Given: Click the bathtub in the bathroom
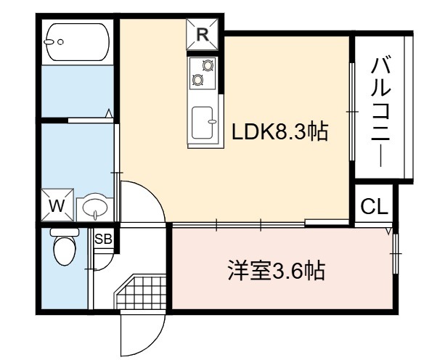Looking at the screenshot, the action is pyautogui.click(x=77, y=42).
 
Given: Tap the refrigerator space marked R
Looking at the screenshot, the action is pyautogui.click(x=202, y=35).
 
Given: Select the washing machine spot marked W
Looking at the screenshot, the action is pyautogui.click(x=57, y=205).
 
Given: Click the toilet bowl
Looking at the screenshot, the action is pyautogui.click(x=65, y=250).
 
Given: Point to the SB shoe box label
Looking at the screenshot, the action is pyautogui.click(x=104, y=239).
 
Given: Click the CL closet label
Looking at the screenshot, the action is pyautogui.click(x=375, y=206).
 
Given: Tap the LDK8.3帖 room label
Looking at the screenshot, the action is pyautogui.click(x=279, y=131).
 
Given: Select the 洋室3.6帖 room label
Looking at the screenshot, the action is pyautogui.click(x=276, y=271).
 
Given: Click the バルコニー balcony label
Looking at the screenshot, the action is pyautogui.click(x=381, y=112).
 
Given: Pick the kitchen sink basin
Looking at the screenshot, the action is pyautogui.click(x=203, y=123).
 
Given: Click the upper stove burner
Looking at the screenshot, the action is pyautogui.click(x=208, y=65).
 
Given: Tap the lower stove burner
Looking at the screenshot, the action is pyautogui.click(x=197, y=80).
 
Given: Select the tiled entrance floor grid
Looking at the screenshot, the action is pyautogui.click(x=141, y=292).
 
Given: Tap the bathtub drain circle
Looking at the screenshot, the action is pyautogui.click(x=60, y=42).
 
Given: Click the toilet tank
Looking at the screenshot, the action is pyautogui.click(x=65, y=232).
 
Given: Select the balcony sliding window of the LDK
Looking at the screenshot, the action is pyautogui.click(x=352, y=112).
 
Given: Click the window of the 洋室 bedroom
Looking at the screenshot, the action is pyautogui.click(x=396, y=253).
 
